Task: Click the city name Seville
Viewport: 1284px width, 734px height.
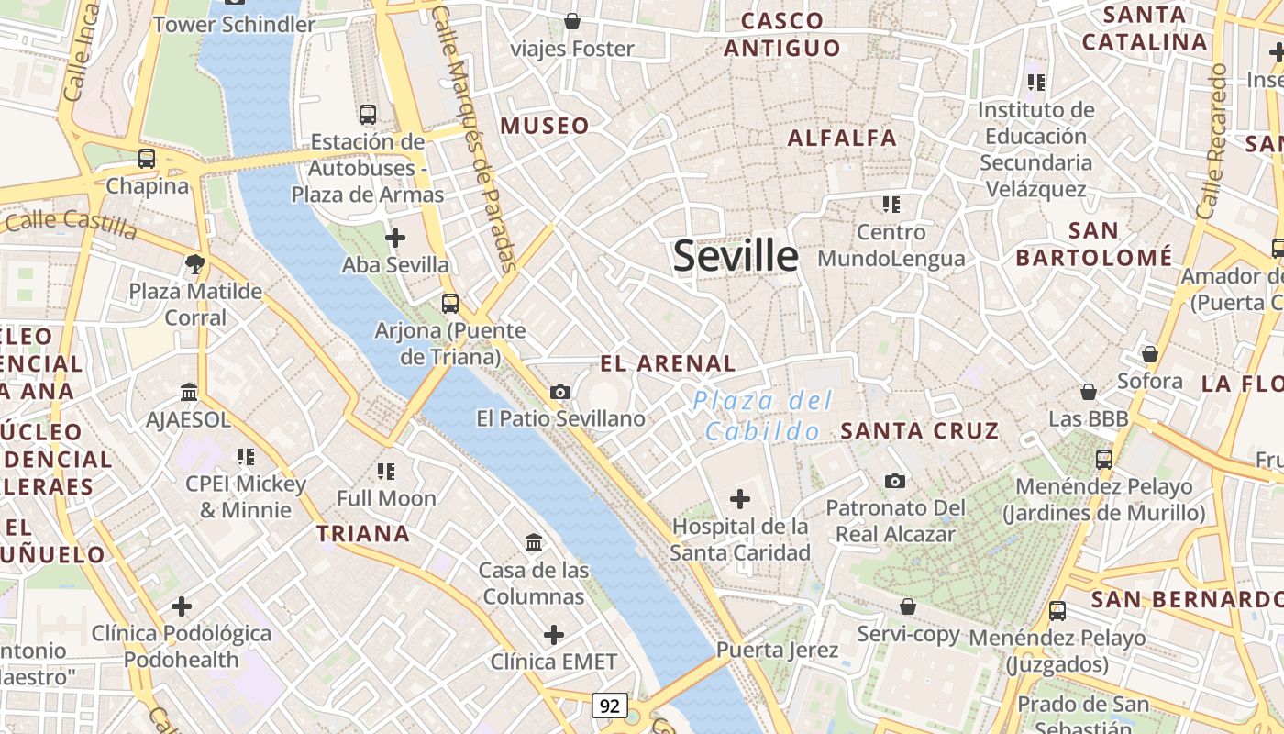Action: [736, 255]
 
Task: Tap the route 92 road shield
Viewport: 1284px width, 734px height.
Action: [610, 705]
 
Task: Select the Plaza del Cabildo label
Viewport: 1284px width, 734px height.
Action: [763, 416]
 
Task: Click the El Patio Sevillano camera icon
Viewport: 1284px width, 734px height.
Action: [560, 393]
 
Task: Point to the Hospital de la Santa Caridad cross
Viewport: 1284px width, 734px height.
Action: [740, 499]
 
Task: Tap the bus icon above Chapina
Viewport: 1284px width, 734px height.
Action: [147, 158]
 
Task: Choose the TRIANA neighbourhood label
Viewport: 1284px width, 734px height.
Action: [363, 533]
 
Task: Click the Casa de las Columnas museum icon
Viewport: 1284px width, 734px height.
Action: [534, 542]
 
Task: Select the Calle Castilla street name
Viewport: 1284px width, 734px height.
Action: [71, 224]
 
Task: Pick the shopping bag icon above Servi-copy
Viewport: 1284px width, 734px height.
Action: [908, 606]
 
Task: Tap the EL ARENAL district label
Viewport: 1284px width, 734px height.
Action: [668, 363]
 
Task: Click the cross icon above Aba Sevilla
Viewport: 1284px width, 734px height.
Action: [395, 238]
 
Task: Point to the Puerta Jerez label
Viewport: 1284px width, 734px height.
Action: [777, 651]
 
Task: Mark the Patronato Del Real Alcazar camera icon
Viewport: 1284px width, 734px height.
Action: [895, 481]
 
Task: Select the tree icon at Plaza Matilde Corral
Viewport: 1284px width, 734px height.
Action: [194, 265]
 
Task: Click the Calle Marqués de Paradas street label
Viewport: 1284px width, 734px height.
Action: [475, 138]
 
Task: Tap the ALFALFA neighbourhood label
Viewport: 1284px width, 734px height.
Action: [842, 138]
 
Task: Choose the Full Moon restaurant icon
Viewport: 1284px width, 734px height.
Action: [386, 472]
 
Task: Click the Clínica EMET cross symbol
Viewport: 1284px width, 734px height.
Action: [554, 634]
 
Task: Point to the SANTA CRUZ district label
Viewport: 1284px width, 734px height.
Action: [919, 430]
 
